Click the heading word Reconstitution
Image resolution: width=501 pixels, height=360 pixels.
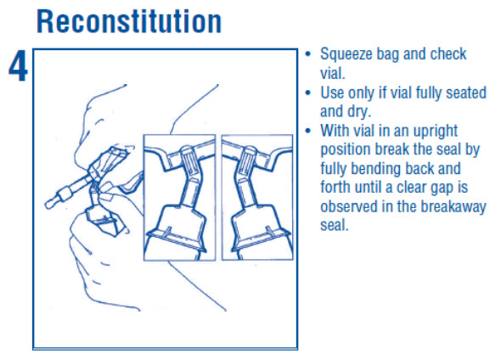[x=129, y=21]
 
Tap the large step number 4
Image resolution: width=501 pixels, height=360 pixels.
[x=18, y=66]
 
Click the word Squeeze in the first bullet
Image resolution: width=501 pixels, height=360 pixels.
[x=346, y=54]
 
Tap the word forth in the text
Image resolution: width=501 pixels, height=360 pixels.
[x=335, y=187]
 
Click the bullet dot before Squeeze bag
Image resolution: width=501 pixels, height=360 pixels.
[x=308, y=53]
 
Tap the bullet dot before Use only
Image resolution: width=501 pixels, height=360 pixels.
[x=308, y=93]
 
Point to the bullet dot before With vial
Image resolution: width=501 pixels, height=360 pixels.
[x=308, y=131]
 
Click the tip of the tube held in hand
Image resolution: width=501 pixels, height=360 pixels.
[x=48, y=204]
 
